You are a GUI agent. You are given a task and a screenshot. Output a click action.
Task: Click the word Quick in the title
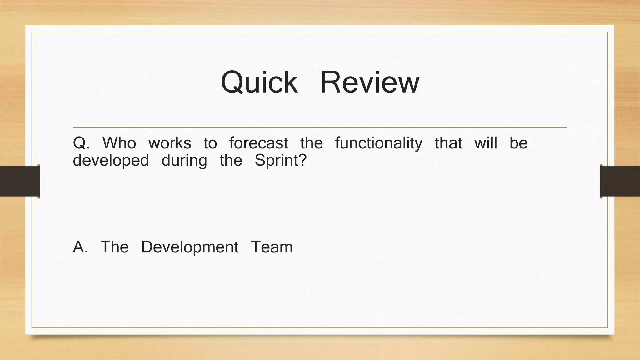pyautogui.click(x=259, y=82)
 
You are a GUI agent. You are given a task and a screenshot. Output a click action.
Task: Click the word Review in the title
pyautogui.click(x=370, y=82)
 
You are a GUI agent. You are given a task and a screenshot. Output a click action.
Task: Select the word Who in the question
pyautogui.click(x=119, y=143)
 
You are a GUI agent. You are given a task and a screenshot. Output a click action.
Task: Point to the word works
pyautogui.click(x=170, y=143)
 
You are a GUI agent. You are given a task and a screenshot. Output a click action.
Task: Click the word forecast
pyautogui.click(x=258, y=143)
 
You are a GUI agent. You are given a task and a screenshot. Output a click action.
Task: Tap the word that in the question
pyautogui.click(x=448, y=143)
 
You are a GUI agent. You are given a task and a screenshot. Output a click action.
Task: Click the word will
pyautogui.click(x=486, y=143)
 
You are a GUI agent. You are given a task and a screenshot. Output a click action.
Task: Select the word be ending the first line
pyautogui.click(x=518, y=143)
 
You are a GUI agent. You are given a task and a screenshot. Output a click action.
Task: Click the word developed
pyautogui.click(x=111, y=161)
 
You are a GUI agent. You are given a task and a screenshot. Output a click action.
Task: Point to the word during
pyautogui.click(x=184, y=161)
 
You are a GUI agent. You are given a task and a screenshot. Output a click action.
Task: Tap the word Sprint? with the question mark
pyautogui.click(x=281, y=161)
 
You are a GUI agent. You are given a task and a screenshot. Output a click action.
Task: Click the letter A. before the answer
pyautogui.click(x=80, y=247)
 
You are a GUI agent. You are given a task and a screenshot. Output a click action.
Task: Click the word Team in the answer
pyautogui.click(x=272, y=247)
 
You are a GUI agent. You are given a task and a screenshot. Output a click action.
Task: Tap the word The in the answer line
pyautogui.click(x=114, y=247)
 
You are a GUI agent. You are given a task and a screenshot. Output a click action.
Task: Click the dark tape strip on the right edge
pyautogui.click(x=620, y=181)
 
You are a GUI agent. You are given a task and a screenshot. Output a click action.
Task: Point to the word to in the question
pyautogui.click(x=210, y=143)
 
